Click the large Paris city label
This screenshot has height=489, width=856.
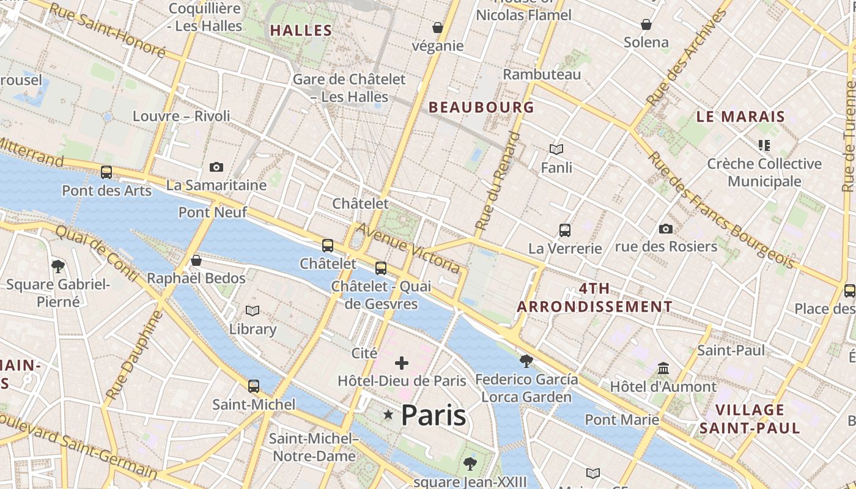tap(434, 416)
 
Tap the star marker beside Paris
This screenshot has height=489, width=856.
tap(388, 415)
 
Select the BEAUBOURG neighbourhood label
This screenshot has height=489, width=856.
tap(481, 108)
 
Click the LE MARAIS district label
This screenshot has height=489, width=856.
tap(740, 117)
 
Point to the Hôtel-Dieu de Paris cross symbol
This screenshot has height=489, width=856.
tap(402, 364)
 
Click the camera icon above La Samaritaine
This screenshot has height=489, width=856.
tap(216, 167)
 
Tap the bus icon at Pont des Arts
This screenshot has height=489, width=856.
tap(106, 172)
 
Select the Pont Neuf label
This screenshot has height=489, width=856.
tap(213, 212)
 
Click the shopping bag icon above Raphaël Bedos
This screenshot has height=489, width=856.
tap(196, 260)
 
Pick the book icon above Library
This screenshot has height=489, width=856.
tap(253, 311)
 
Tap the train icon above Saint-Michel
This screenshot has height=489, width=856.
tap(254, 386)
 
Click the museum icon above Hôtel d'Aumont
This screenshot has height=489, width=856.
tap(663, 369)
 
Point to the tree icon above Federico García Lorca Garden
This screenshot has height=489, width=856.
tap(526, 361)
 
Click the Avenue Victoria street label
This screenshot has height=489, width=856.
tap(408, 248)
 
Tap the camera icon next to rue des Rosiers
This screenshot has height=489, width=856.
tap(666, 229)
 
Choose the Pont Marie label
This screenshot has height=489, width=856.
tap(622, 420)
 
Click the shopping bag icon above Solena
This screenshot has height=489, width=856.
tap(646, 24)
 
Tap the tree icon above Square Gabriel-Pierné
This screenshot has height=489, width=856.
tap(58, 266)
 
